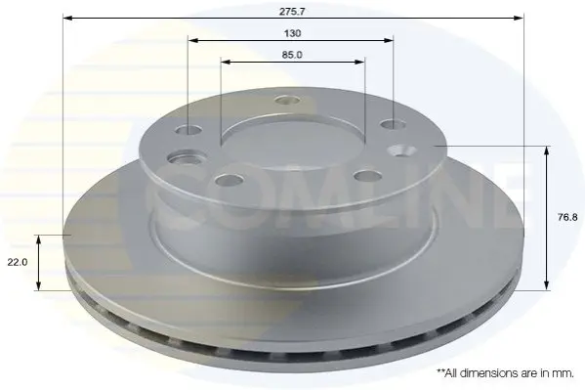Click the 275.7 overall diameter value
[x=292, y=12]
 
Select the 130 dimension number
[x=292, y=33]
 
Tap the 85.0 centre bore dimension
[x=292, y=55]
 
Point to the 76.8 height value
[x=567, y=217]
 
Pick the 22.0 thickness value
[x=18, y=262]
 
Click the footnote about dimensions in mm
[x=505, y=372]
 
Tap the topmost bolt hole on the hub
[x=287, y=100]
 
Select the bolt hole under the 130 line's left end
[x=188, y=130]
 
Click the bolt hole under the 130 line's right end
[x=393, y=124]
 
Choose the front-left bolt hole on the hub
[x=230, y=181]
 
